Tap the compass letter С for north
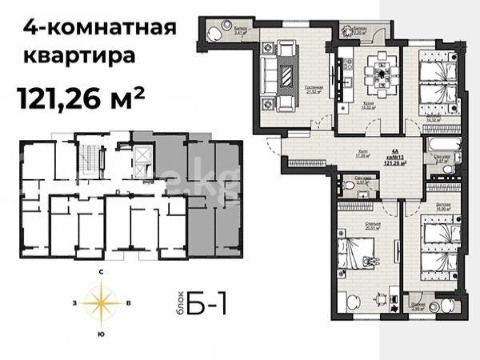coord(102,273)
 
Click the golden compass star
coord(102,302)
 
